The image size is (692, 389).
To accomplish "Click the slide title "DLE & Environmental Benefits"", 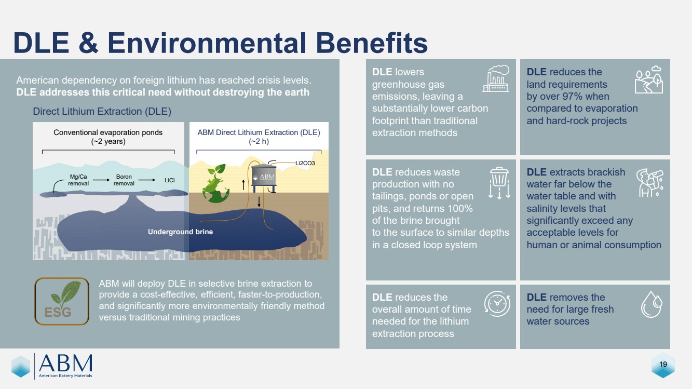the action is pyautogui.click(x=220, y=43).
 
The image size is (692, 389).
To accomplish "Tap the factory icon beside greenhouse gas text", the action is pyautogui.click(x=496, y=78).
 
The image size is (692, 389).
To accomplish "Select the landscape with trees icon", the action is pyautogui.click(x=649, y=79).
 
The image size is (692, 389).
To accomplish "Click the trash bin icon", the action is pyautogui.click(x=499, y=183).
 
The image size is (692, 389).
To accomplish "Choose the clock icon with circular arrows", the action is pyautogui.click(x=497, y=304).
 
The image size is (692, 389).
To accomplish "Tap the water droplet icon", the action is pyautogui.click(x=652, y=304).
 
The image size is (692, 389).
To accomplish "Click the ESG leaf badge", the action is pyautogui.click(x=62, y=301).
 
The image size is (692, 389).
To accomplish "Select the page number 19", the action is pyautogui.click(x=663, y=364).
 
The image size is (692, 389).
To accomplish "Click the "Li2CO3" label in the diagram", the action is pyautogui.click(x=305, y=163).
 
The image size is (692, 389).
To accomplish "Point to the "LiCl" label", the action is pyautogui.click(x=170, y=180).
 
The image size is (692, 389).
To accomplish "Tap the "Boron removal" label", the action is pyautogui.click(x=124, y=180).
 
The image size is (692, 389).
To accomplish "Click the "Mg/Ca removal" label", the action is pyautogui.click(x=78, y=180).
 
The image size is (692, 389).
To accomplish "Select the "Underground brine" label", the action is pyautogui.click(x=181, y=232).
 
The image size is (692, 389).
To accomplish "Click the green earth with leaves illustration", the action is pyautogui.click(x=216, y=184).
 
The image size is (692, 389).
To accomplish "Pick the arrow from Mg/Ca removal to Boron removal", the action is pyautogui.click(x=101, y=180).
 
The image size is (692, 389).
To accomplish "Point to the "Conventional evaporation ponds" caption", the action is pyautogui.click(x=108, y=132).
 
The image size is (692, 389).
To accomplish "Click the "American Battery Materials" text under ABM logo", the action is pyautogui.click(x=65, y=375).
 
